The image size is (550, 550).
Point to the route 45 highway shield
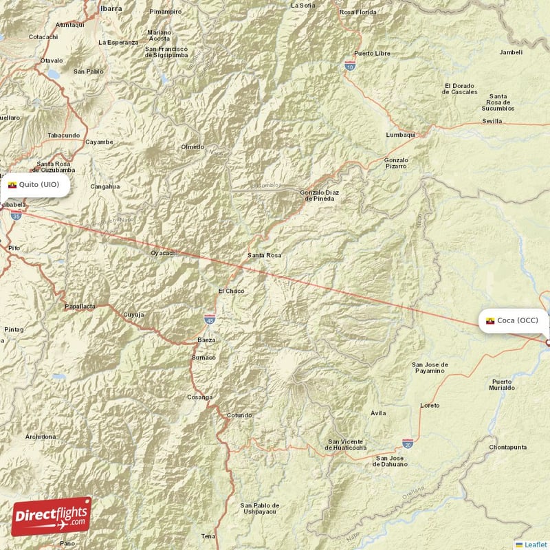(210, 319)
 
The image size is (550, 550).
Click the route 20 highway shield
(408, 444)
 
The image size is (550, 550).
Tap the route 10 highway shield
(350, 66)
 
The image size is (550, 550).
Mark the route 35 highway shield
(15, 215)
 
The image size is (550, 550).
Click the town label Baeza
(206, 340)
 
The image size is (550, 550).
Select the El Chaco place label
(231, 291)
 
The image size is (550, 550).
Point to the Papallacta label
(80, 307)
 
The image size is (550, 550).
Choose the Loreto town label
(430, 406)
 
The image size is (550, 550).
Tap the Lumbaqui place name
(401, 135)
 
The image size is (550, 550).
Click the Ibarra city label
(111, 9)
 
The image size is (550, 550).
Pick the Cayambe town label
(99, 142)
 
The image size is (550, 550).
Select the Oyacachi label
(164, 254)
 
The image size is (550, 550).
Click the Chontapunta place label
(507, 448)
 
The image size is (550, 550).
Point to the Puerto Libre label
(372, 54)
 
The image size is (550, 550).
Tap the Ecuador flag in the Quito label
(12, 185)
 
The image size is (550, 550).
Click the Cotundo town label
(239, 415)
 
